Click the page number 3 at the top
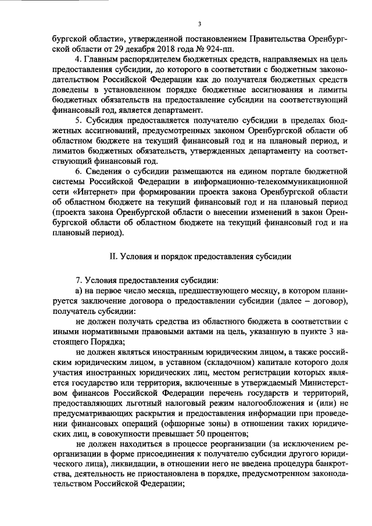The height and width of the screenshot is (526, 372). pos(199,24)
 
